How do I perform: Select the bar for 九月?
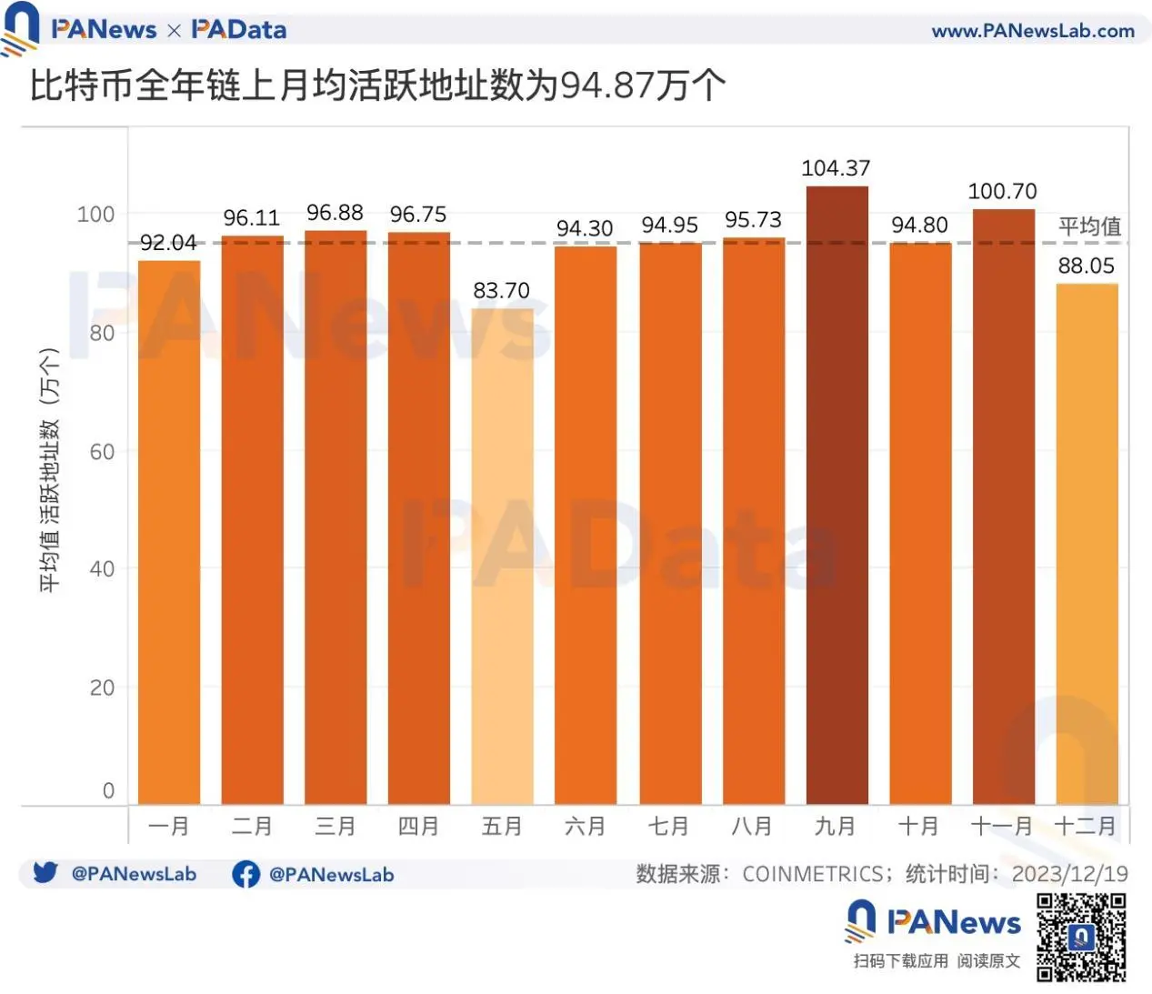[836, 496]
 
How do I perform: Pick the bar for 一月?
[169, 533]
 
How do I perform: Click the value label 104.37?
[836, 168]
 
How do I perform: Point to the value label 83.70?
[501, 291]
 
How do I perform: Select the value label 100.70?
[1002, 192]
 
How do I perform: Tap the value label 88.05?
[1086, 266]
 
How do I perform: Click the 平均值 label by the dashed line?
[1089, 226]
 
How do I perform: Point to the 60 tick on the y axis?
[102, 452]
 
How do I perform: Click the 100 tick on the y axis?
[95, 215]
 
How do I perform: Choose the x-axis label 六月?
[585, 827]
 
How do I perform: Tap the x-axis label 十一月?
[1002, 827]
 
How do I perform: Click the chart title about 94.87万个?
[378, 86]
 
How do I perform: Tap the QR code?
[1081, 938]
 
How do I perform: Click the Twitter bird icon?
[45, 873]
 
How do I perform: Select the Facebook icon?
[245, 874]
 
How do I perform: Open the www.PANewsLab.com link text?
[1033, 31]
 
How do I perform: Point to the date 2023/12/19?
[1069, 874]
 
